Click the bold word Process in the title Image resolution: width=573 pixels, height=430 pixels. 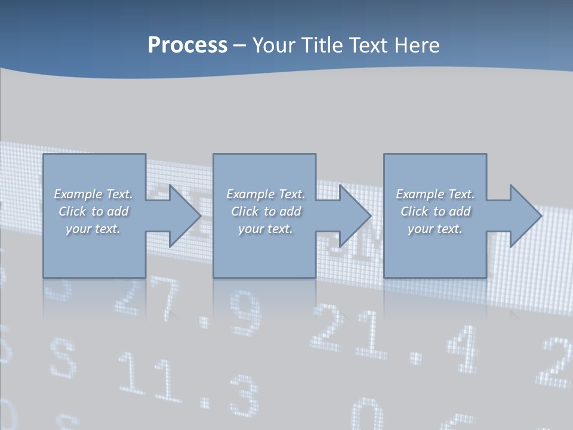187,45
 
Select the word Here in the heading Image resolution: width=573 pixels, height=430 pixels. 417,45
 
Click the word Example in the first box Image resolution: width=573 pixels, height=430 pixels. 78,194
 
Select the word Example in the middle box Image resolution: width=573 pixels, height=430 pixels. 249,194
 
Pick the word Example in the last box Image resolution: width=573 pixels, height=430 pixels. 419,194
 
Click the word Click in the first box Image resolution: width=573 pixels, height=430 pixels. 72,211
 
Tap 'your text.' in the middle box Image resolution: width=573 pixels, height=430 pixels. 265,229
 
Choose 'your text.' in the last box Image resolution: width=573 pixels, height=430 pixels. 435,229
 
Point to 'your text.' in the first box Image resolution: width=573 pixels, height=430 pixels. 93,229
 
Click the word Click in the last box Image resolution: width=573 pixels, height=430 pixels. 414,211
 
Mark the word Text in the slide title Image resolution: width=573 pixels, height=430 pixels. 369,45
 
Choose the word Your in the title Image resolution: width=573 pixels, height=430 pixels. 273,45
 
